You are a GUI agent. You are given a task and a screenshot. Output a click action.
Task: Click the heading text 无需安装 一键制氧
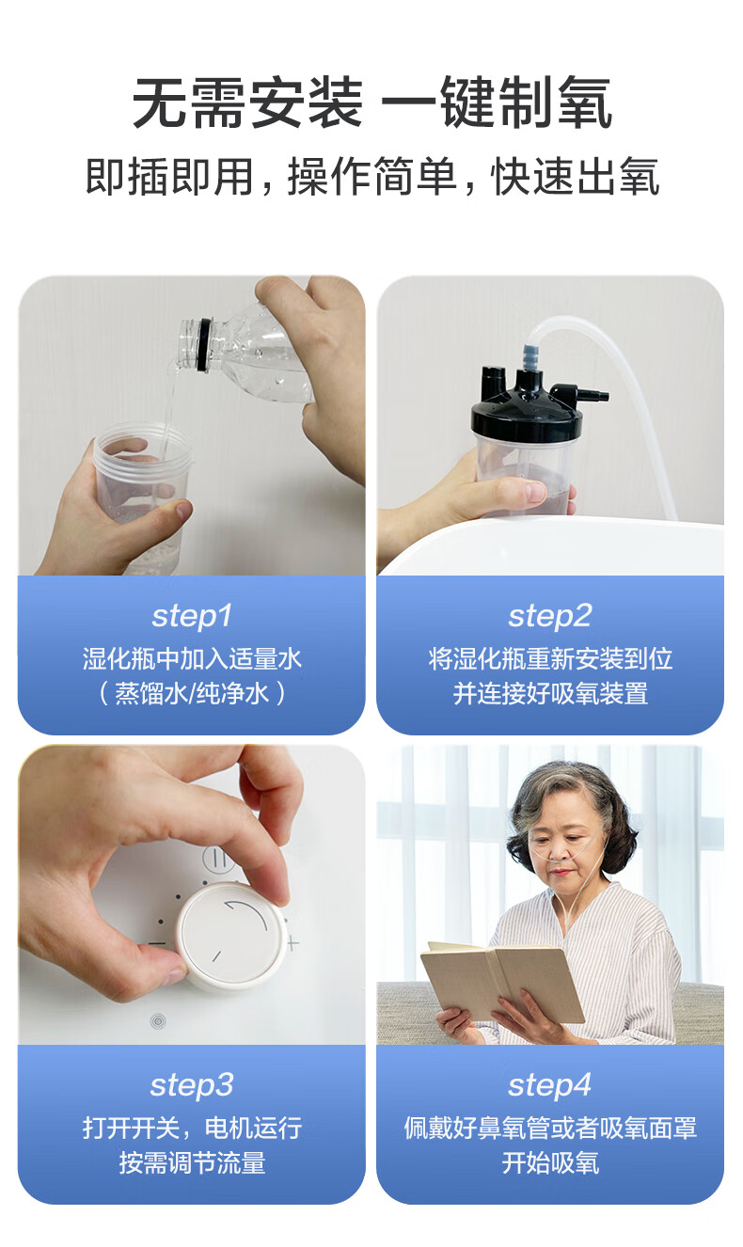click(x=372, y=103)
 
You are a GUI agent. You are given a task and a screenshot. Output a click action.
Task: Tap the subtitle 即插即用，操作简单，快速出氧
click(x=372, y=177)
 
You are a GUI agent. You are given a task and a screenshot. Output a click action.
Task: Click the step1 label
click(x=192, y=616)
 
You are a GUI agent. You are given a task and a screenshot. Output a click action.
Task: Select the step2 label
click(x=550, y=616)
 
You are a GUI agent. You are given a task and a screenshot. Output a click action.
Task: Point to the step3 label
click(x=192, y=1085)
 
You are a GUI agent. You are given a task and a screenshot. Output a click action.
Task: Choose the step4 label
click(x=550, y=1085)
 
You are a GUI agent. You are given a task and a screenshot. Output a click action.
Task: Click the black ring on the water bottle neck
click(x=204, y=344)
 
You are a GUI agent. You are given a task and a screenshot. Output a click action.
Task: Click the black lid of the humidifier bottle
click(x=527, y=404)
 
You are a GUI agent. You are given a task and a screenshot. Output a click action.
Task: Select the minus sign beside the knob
click(x=157, y=943)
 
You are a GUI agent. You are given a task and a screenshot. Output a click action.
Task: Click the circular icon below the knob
click(x=158, y=1021)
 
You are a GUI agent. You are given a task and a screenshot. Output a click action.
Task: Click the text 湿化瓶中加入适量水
click(x=192, y=658)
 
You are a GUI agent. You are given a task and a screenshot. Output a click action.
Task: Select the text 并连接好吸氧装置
click(x=550, y=694)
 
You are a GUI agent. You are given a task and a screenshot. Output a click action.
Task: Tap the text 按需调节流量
click(x=192, y=1163)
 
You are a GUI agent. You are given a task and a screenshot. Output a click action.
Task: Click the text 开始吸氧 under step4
click(x=550, y=1163)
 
